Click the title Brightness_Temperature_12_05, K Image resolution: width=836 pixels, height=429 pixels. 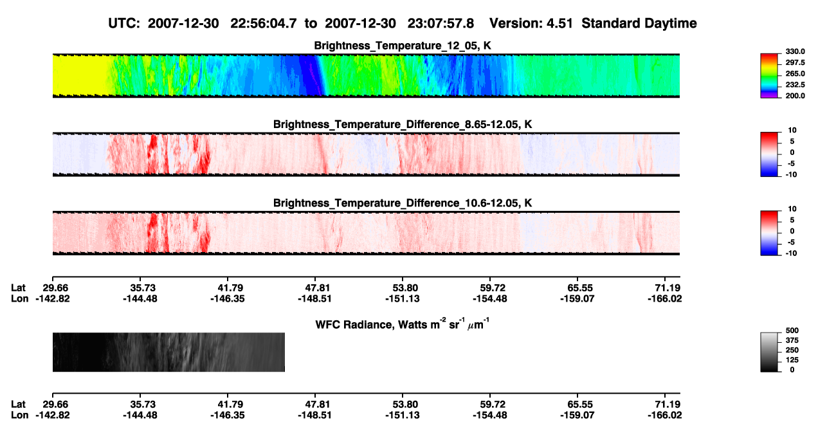pyautogui.click(x=403, y=46)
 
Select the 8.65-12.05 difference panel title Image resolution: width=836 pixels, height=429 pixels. pyautogui.click(x=403, y=124)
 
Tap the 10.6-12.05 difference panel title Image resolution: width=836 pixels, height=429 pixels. pyautogui.click(x=403, y=203)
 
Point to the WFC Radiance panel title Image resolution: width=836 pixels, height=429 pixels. pyautogui.click(x=403, y=324)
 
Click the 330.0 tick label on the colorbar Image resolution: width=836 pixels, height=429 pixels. pyautogui.click(x=795, y=51)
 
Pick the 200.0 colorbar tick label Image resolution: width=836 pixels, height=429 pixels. pyautogui.click(x=795, y=96)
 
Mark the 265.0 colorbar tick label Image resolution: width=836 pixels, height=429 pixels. pyautogui.click(x=795, y=73)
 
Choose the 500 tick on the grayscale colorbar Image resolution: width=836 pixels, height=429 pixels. pyautogui.click(x=792, y=331)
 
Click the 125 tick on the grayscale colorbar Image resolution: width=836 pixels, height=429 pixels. pyautogui.click(x=792, y=360)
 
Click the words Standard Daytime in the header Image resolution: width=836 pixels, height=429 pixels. pyautogui.click(x=639, y=24)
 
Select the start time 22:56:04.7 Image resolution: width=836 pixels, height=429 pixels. pyautogui.click(x=264, y=24)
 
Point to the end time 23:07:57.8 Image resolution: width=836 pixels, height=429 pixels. pyautogui.click(x=441, y=24)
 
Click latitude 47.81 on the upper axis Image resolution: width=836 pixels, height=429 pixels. pyautogui.click(x=315, y=288)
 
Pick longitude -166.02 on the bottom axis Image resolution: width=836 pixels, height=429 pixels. pyautogui.click(x=665, y=415)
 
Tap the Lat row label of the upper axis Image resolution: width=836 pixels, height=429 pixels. pyautogui.click(x=18, y=288)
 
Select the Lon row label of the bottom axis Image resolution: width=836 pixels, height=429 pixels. pyautogui.click(x=19, y=415)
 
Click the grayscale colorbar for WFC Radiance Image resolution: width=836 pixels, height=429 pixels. pyautogui.click(x=769, y=352)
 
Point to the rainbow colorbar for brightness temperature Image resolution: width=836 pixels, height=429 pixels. pyautogui.click(x=769, y=76)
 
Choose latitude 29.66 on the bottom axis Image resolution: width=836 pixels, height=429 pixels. pyautogui.click(x=55, y=405)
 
